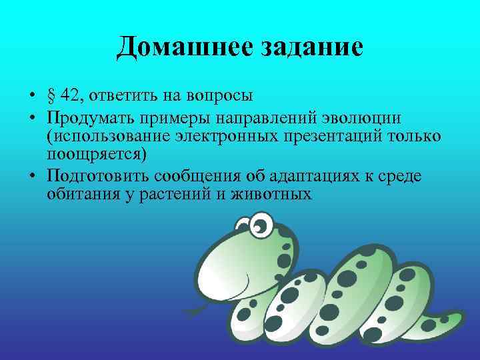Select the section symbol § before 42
[x=51, y=95]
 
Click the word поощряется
[x=95, y=155]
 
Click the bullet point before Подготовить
[x=32, y=177]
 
